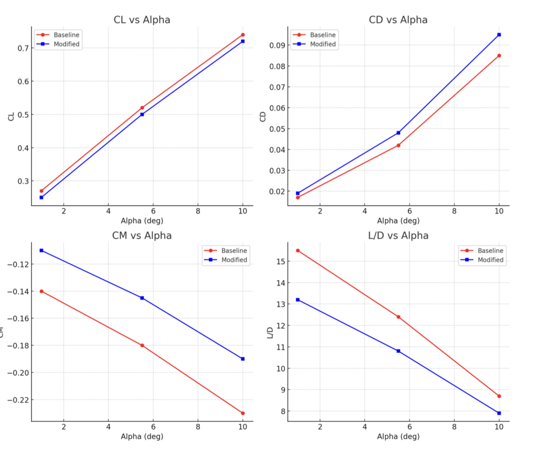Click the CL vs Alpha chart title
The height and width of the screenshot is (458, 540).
click(142, 20)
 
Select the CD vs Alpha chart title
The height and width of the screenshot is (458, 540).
click(398, 20)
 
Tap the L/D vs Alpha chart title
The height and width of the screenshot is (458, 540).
click(398, 235)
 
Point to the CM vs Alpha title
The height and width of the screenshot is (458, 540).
click(142, 235)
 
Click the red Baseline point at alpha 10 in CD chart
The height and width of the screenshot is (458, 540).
click(499, 55)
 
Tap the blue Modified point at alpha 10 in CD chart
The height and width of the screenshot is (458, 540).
click(499, 35)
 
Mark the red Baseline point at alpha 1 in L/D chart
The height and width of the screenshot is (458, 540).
click(298, 251)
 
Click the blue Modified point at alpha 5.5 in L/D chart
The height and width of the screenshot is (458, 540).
click(398, 351)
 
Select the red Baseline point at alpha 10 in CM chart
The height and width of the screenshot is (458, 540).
click(243, 413)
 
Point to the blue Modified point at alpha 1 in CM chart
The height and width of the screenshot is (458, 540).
click(42, 251)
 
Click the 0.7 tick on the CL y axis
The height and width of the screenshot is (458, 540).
click(21, 48)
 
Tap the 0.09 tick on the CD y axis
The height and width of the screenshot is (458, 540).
click(275, 45)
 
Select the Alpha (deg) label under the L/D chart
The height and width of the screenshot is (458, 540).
click(398, 436)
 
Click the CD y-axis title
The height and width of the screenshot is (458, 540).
click(263, 117)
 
